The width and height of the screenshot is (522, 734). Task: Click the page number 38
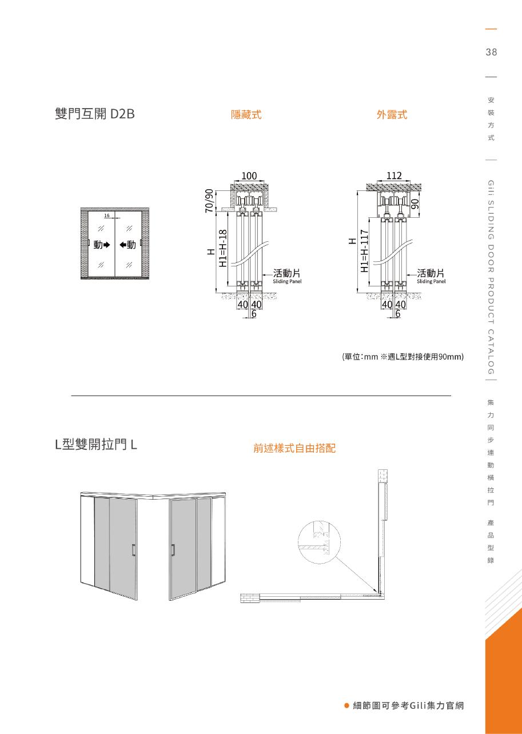pos(491,53)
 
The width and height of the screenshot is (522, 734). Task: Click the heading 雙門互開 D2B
pos(94,114)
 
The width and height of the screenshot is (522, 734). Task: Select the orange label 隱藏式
pos(246,115)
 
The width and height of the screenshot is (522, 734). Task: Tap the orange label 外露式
pos(392,115)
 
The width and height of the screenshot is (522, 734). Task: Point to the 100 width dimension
pos(249,176)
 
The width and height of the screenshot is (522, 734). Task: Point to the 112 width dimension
pos(394,176)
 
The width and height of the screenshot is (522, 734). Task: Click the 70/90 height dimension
pos(209,200)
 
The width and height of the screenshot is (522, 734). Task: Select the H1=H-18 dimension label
pos(224,248)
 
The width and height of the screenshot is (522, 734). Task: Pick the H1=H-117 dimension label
pos(364,251)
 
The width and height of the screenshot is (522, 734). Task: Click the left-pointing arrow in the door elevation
pos(123,245)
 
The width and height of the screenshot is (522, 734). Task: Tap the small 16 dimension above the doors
pos(107,216)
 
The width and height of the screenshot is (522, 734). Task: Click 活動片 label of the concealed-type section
pos(287,273)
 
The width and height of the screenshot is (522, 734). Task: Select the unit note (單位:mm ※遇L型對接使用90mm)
pos(403,357)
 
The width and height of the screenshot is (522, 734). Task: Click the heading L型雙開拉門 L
pos(95,444)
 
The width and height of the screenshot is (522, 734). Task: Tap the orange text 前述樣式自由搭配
pos(294,449)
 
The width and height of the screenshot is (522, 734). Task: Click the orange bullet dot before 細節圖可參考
pos(346,705)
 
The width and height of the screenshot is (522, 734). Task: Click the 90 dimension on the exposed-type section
pos(416,204)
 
